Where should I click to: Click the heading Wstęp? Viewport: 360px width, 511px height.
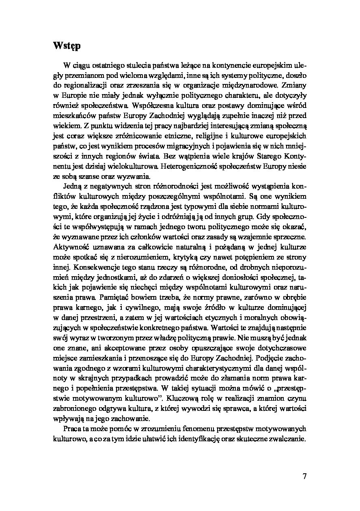tap(67, 46)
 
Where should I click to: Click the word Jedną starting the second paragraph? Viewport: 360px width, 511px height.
tap(72, 187)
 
